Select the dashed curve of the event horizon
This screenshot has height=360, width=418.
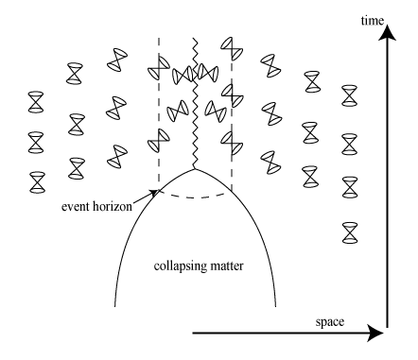(x=194, y=197)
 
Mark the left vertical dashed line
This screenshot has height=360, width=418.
(x=158, y=113)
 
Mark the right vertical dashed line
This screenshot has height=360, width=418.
(x=231, y=113)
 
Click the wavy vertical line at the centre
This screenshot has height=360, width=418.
(x=195, y=104)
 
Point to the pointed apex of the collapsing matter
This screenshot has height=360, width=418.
(x=195, y=170)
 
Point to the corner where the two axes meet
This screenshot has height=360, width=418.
(x=386, y=332)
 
